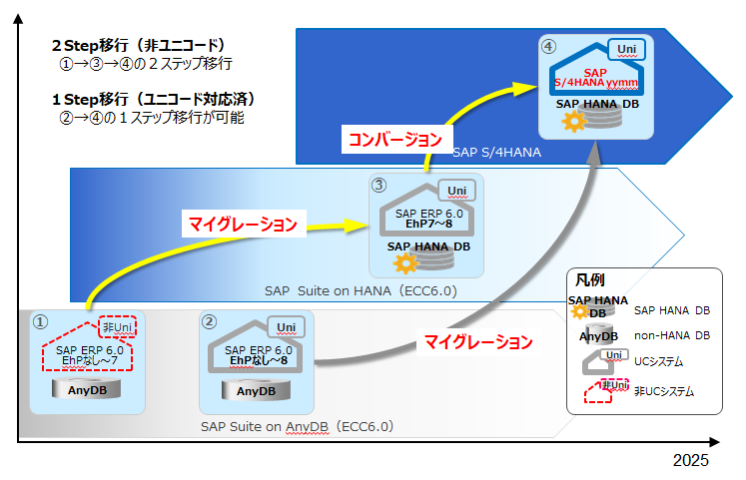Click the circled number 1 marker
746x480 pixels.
click(40, 322)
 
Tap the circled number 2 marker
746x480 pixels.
click(210, 321)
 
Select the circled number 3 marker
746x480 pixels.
click(378, 185)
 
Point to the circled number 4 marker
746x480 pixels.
click(548, 47)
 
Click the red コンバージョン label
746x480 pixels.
click(395, 140)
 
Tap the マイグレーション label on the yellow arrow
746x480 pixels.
click(243, 224)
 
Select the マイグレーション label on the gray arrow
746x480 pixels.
click(478, 341)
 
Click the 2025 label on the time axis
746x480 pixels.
click(690, 460)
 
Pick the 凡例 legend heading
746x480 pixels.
click(590, 280)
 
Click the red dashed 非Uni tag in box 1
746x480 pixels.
click(118, 327)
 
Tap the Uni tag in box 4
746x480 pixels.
click(626, 49)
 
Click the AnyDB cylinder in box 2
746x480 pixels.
click(256, 390)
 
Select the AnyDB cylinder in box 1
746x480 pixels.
click(87, 389)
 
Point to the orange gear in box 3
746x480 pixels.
click(404, 262)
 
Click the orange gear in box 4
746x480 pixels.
click(574, 121)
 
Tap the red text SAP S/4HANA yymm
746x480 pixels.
click(595, 78)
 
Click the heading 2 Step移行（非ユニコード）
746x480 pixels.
click(139, 46)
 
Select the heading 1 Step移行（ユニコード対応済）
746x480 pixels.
click(154, 100)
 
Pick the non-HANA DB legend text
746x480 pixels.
click(672, 335)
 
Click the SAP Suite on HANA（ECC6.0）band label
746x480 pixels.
click(361, 290)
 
